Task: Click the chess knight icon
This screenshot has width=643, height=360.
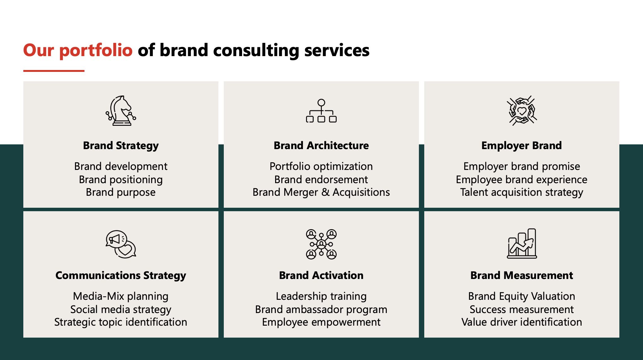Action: coord(121,111)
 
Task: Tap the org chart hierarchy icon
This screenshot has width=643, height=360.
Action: coord(321,111)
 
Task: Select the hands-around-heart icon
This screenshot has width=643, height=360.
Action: coord(522,111)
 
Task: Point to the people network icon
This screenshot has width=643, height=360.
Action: coord(321,244)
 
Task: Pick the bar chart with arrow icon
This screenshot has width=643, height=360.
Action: coord(522,243)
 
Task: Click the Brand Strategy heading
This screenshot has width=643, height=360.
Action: coord(121,146)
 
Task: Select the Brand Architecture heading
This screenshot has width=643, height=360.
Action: coord(321,145)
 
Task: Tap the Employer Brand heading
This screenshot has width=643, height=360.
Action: coord(522,146)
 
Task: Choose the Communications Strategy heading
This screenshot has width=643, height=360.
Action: coord(121,276)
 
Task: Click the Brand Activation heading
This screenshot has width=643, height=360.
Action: coord(321,275)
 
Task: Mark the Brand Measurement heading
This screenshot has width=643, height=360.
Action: coord(522,275)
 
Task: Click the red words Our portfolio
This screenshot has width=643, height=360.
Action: coord(78,50)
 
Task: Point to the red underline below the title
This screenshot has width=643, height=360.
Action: coord(54,71)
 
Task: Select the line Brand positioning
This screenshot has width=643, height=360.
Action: coord(121,180)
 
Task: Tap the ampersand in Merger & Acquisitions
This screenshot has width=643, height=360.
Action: coord(325,192)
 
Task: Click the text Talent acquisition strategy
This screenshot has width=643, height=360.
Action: coord(522,193)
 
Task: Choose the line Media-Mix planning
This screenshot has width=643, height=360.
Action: coord(121,297)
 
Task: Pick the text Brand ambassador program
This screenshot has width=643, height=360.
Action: coord(321,310)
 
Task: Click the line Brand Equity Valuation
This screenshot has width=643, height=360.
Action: coord(522,297)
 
